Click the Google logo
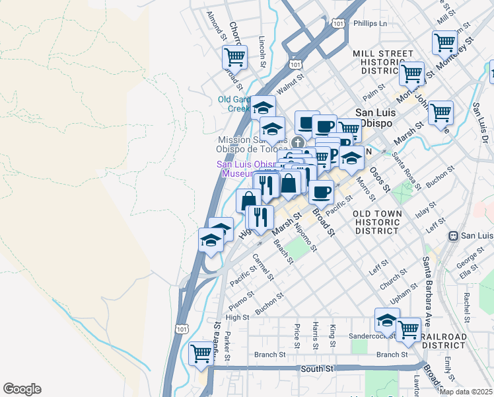(x=22, y=389)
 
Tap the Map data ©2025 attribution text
(x=466, y=391)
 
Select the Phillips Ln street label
(x=370, y=23)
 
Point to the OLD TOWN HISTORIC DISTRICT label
(x=376, y=223)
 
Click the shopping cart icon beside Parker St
(x=201, y=353)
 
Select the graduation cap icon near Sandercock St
(x=387, y=321)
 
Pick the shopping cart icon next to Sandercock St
(x=409, y=328)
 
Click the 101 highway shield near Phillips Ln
(x=338, y=23)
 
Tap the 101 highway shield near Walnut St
(x=296, y=64)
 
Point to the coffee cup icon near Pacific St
(x=321, y=192)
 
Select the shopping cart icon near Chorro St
(x=234, y=57)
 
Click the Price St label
(x=298, y=336)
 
